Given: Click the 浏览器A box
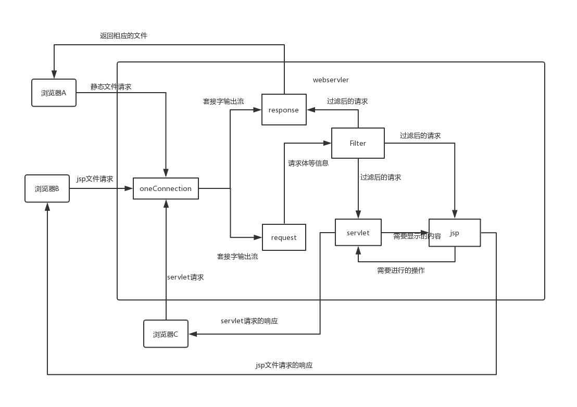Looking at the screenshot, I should click(54, 93).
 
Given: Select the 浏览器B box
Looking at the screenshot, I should click(47, 188).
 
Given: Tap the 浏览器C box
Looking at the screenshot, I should click(166, 334).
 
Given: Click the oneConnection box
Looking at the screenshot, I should click(166, 188).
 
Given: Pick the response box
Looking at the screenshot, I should click(284, 110).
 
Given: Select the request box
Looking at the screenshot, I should click(284, 237).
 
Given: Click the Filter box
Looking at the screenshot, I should click(358, 143).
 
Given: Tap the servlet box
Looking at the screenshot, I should click(358, 233).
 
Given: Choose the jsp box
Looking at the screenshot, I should click(455, 233).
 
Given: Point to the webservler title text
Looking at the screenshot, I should click(331, 80).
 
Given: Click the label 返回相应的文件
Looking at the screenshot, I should click(123, 36).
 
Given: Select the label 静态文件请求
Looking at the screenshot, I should click(111, 87).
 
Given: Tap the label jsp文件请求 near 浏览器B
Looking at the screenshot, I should click(95, 179).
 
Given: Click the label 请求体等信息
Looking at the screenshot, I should click(308, 163).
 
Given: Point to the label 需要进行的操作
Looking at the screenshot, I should click(400, 271).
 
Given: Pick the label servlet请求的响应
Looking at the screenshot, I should click(249, 321).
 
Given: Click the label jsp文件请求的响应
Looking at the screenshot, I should click(284, 365).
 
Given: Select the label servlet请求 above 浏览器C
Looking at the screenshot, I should click(185, 277).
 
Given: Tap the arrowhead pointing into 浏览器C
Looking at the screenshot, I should click(192, 334).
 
